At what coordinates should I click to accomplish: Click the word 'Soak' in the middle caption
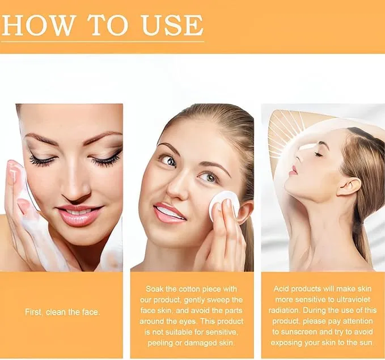pyautogui.click(x=156, y=289)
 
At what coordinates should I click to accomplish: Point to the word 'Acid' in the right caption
pyautogui.click(x=284, y=289)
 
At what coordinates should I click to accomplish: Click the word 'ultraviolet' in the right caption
pyautogui.click(x=346, y=299)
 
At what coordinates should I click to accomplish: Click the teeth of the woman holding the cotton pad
pyautogui.click(x=170, y=213)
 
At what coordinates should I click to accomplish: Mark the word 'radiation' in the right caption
pyautogui.click(x=290, y=310)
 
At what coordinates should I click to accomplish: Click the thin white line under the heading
pyautogui.click(x=102, y=41)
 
